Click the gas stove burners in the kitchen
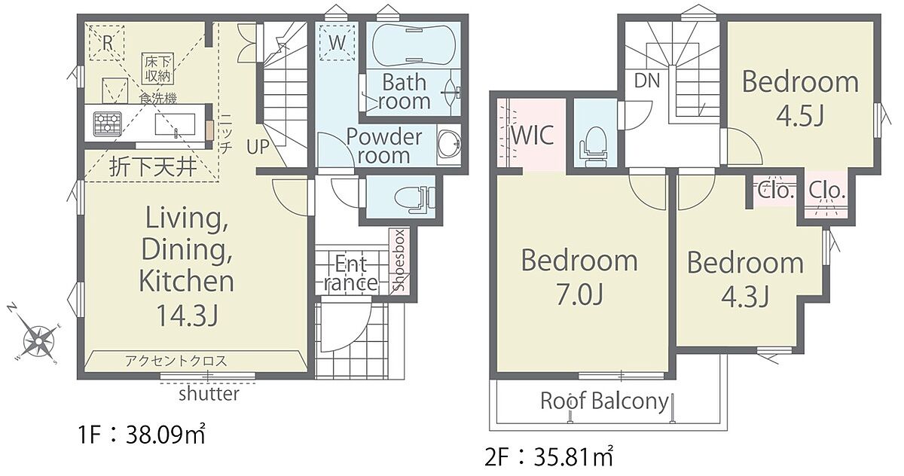[x=107, y=123]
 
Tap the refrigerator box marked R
[x=106, y=43]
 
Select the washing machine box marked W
[x=337, y=43]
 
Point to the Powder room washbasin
[x=449, y=144]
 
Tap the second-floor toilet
[x=594, y=146]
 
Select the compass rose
[x=38, y=341]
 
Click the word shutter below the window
[x=209, y=394]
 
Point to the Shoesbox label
[x=399, y=260]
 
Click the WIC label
[x=533, y=135]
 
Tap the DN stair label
[x=647, y=81]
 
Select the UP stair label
[x=258, y=147]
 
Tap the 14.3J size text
[x=187, y=315]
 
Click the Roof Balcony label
[x=604, y=401]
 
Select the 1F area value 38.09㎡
[x=166, y=435]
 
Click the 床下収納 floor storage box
[x=157, y=69]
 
